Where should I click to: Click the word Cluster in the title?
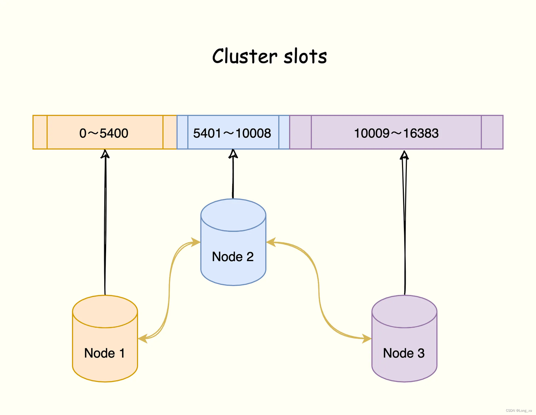[x=245, y=57]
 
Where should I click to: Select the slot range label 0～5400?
[x=104, y=133]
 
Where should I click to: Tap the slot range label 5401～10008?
[x=232, y=133]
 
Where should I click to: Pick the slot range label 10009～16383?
[x=396, y=133]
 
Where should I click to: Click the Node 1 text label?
[x=105, y=353]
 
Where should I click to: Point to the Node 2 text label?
[x=233, y=257]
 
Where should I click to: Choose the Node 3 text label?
[x=404, y=353]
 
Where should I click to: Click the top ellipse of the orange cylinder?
[x=105, y=311]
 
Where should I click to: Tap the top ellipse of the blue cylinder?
[x=233, y=215]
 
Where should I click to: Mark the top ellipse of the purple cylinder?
[x=404, y=311]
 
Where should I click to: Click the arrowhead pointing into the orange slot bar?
[x=106, y=153]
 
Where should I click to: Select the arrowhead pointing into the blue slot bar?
[x=233, y=153]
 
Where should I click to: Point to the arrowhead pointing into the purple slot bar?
[x=404, y=155]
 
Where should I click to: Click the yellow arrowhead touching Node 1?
[x=142, y=339]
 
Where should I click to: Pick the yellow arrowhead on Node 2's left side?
[x=196, y=243]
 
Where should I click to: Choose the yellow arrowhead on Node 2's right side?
[x=271, y=243]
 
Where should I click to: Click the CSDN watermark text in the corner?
[x=519, y=411]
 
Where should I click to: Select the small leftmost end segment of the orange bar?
[x=40, y=132]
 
